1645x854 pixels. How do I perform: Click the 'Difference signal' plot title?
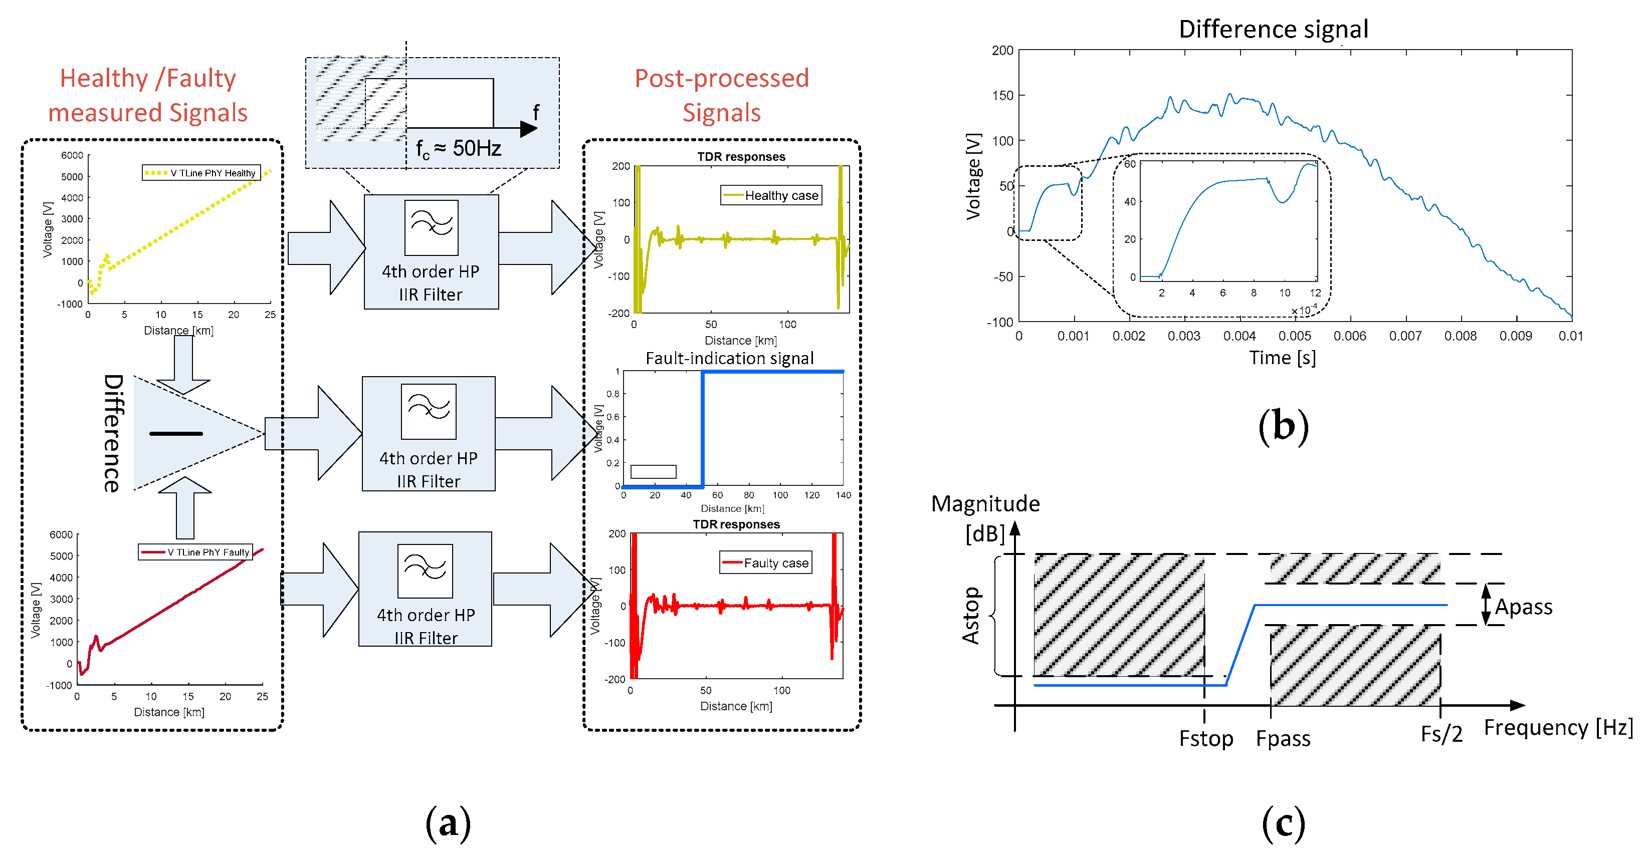pyautogui.click(x=1273, y=30)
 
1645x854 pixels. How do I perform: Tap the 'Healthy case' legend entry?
pyautogui.click(x=771, y=195)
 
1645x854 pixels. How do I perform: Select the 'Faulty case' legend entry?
pyautogui.click(x=766, y=563)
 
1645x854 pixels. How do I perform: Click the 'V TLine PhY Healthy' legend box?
pyautogui.click(x=201, y=173)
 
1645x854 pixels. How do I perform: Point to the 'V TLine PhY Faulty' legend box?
pyautogui.click(x=195, y=552)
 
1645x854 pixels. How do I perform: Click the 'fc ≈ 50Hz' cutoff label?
pyautogui.click(x=458, y=149)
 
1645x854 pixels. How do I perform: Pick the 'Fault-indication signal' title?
pyautogui.click(x=729, y=358)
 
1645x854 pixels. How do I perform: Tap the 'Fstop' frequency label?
pyautogui.click(x=1205, y=738)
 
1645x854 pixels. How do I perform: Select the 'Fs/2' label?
pyautogui.click(x=1442, y=734)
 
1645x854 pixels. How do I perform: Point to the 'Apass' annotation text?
pyautogui.click(x=1524, y=607)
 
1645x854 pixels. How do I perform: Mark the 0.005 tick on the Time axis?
pyautogui.click(x=1295, y=336)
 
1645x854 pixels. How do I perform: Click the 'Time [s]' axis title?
pyautogui.click(x=1282, y=358)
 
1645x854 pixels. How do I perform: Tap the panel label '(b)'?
pyautogui.click(x=1283, y=426)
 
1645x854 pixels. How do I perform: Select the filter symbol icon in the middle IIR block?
pyautogui.click(x=429, y=411)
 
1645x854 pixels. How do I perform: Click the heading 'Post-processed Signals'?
pyautogui.click(x=722, y=95)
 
